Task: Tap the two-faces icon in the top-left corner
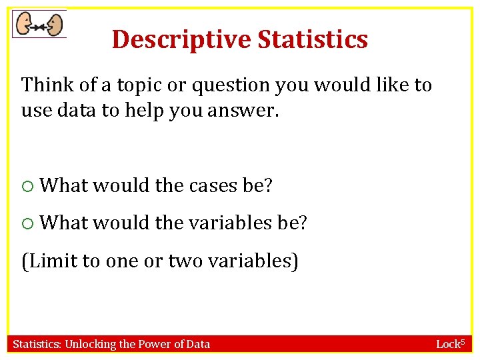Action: click(x=39, y=25)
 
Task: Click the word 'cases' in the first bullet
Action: click(x=215, y=185)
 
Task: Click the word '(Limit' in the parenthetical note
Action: click(x=49, y=261)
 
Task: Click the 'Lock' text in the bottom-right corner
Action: click(x=447, y=345)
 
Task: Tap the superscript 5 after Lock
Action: click(x=461, y=341)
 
